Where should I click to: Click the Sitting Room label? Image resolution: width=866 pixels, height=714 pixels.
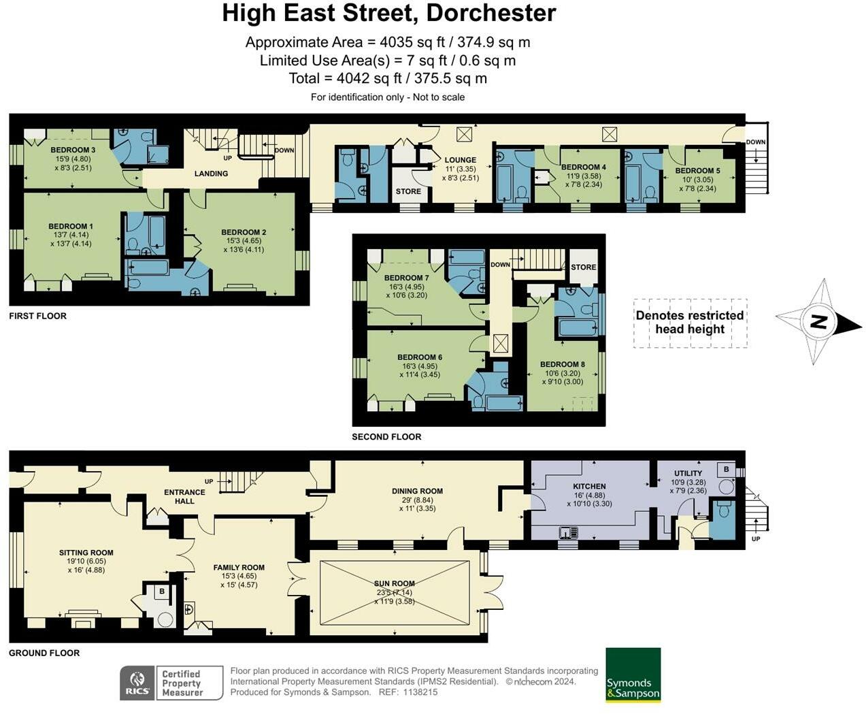coord(86,553)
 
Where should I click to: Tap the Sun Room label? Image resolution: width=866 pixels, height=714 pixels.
coord(395,583)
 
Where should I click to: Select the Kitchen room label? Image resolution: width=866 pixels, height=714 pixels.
coord(589,487)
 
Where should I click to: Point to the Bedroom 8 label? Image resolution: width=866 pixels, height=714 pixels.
coord(562,364)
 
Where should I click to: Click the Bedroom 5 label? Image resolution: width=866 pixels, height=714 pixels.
coord(697,171)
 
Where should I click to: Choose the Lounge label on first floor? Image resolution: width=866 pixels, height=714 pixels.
coord(461,160)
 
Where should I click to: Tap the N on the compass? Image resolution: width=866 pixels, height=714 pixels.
coord(819,321)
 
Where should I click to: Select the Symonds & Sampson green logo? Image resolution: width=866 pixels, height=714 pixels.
coord(633,675)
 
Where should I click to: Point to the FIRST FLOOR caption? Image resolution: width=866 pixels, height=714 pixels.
coord(37,316)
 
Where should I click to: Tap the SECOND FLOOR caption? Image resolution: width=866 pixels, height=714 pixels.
coord(386,437)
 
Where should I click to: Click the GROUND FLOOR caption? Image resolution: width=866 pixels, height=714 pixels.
coord(44,653)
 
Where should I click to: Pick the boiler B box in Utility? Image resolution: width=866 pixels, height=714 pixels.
coord(727,470)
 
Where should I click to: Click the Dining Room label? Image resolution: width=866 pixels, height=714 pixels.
coord(417,491)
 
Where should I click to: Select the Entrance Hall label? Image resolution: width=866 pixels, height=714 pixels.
coord(184,496)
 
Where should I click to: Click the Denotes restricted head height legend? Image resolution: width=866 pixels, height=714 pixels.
coord(690,323)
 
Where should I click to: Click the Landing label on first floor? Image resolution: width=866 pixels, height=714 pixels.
coord(211,174)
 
